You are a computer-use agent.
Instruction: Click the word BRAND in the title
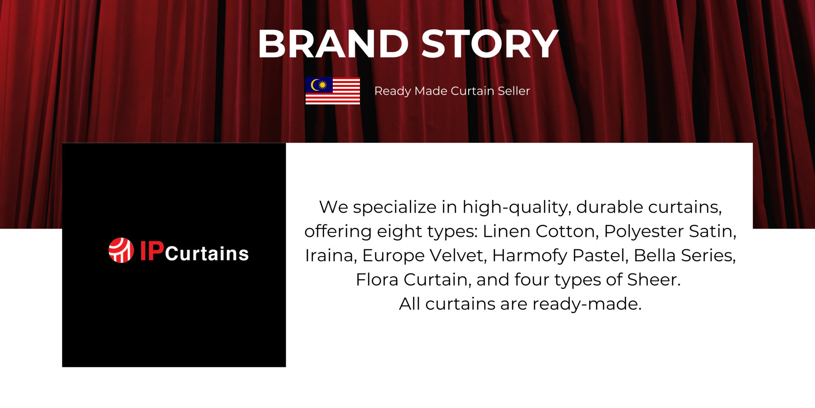(334, 44)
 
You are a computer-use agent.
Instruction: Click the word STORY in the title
(490, 44)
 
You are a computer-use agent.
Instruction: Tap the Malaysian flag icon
(333, 91)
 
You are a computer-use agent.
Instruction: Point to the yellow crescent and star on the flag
(319, 85)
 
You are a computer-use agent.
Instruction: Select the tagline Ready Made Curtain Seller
(452, 91)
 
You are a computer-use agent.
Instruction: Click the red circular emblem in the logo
(121, 250)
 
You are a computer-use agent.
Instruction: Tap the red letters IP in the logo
(152, 251)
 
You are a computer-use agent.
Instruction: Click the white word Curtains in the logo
(207, 253)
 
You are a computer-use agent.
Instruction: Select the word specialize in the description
(394, 208)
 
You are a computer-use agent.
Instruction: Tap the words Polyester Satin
(670, 231)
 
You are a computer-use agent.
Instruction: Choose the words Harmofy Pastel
(561, 256)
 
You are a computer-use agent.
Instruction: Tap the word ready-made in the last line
(587, 304)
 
